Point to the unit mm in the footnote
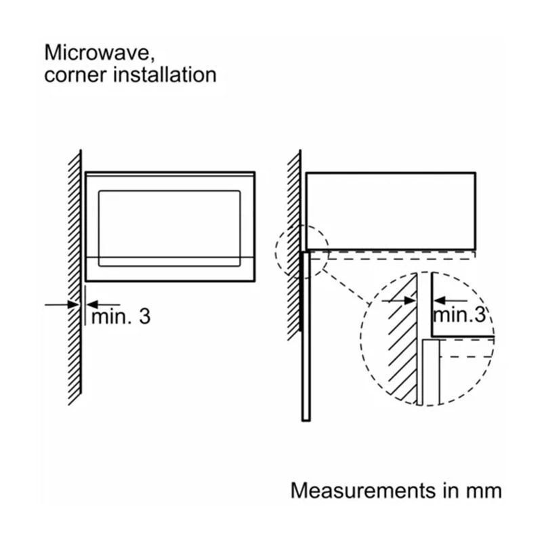pos(485,490)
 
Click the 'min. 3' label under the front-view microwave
pos(120,316)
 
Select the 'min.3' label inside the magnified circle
pos(459,314)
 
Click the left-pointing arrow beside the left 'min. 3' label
pos(102,305)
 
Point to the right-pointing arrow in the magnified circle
pos(400,299)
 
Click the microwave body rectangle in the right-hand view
pos(390,210)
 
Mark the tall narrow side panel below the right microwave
pos(306,335)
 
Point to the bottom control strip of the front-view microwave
pos(169,269)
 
